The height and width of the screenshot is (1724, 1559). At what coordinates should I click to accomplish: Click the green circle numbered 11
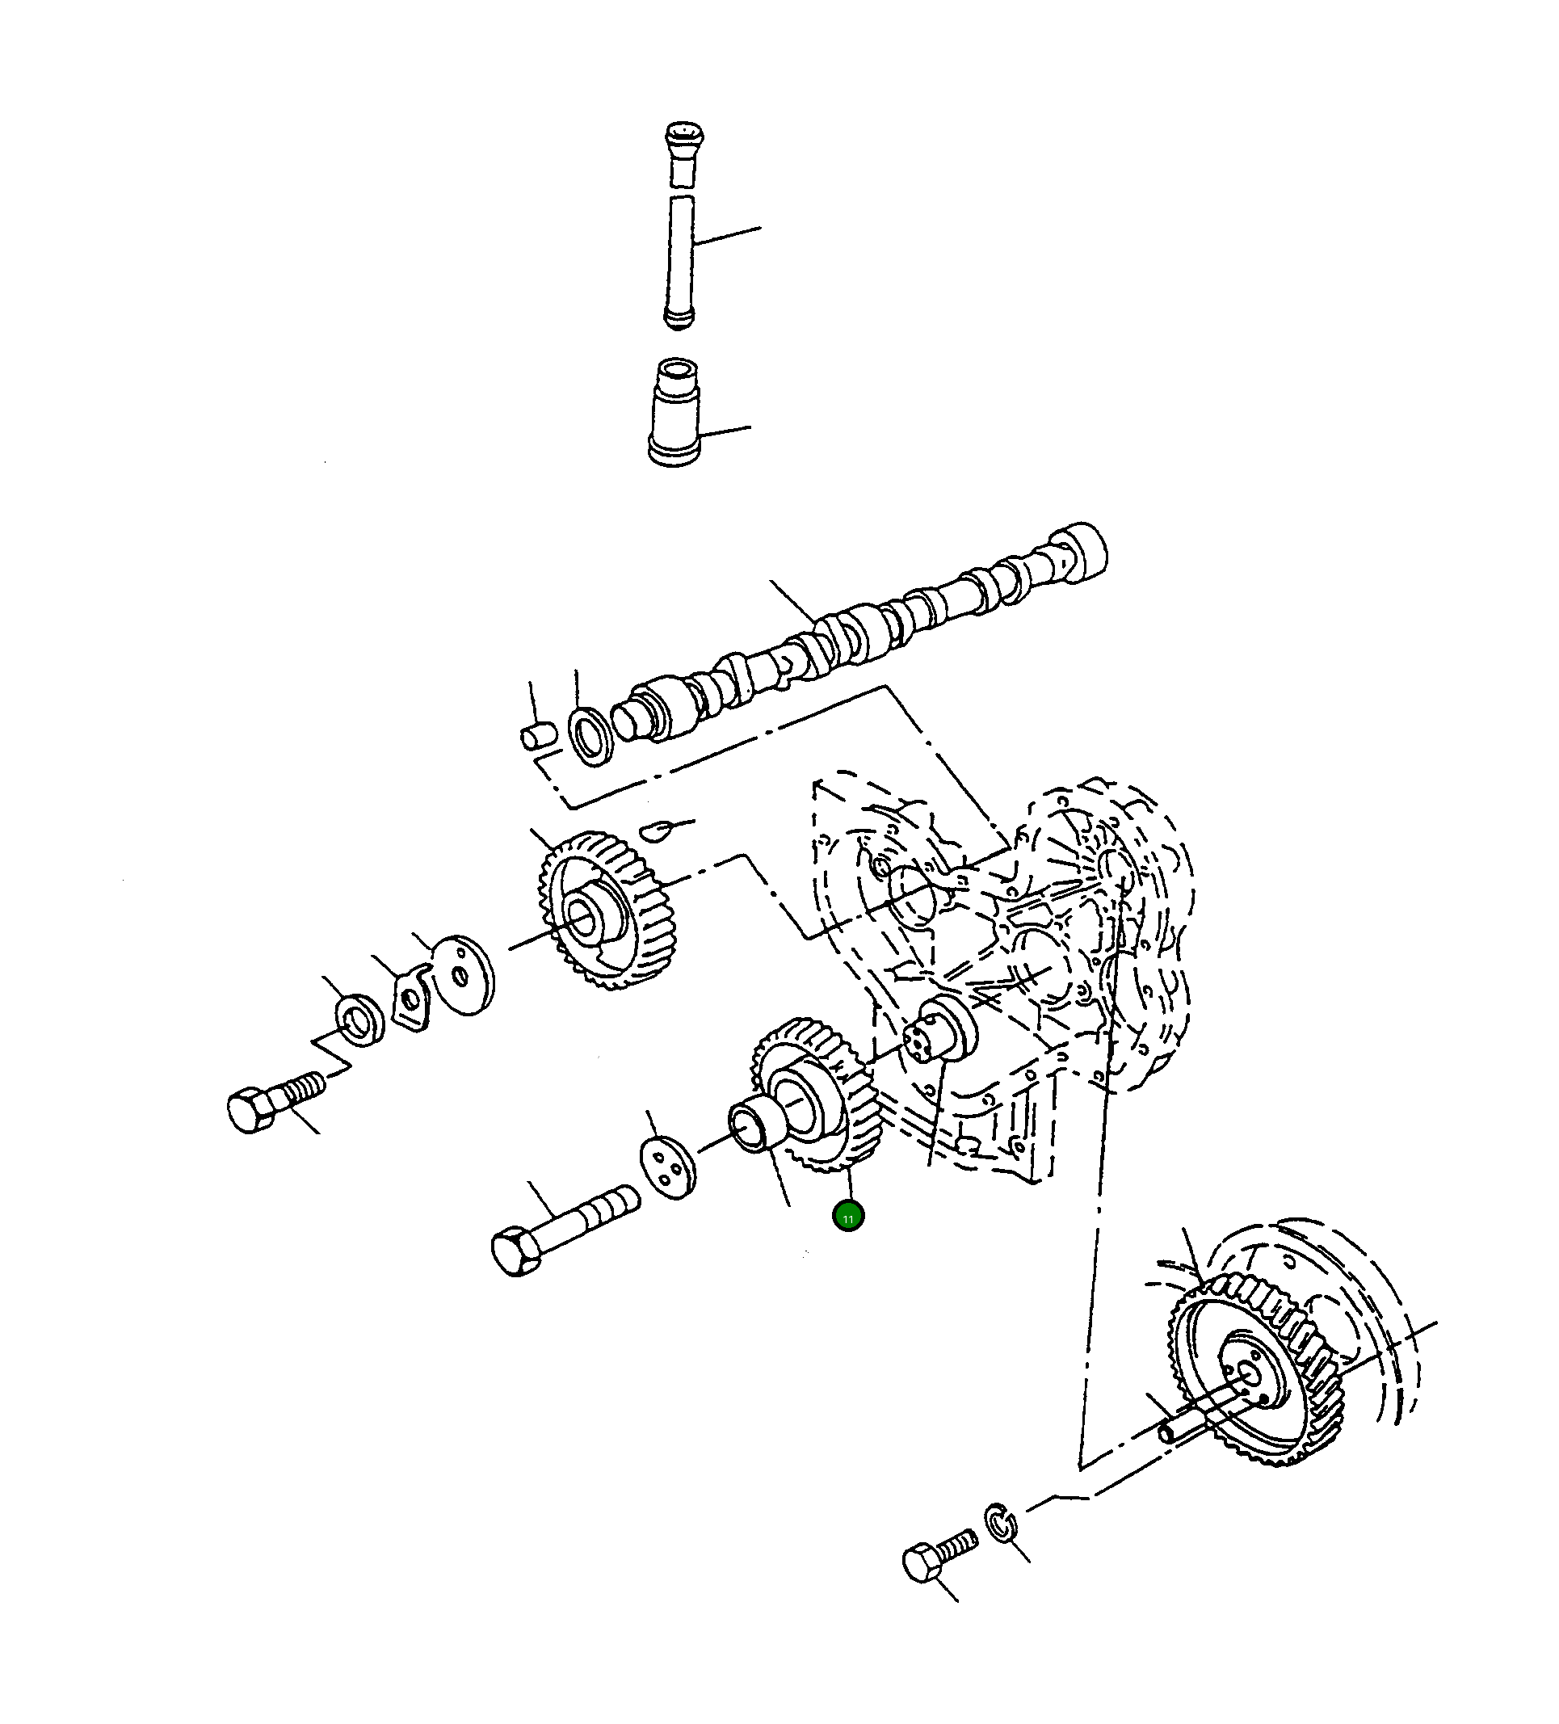(x=847, y=1217)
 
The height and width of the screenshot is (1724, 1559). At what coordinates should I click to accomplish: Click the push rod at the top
(x=681, y=225)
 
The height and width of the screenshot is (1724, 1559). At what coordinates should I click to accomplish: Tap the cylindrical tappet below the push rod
(x=674, y=412)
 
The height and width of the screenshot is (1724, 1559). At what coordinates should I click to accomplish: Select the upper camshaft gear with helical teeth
(x=608, y=910)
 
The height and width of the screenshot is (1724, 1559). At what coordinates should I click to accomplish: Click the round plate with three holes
(x=668, y=1167)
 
